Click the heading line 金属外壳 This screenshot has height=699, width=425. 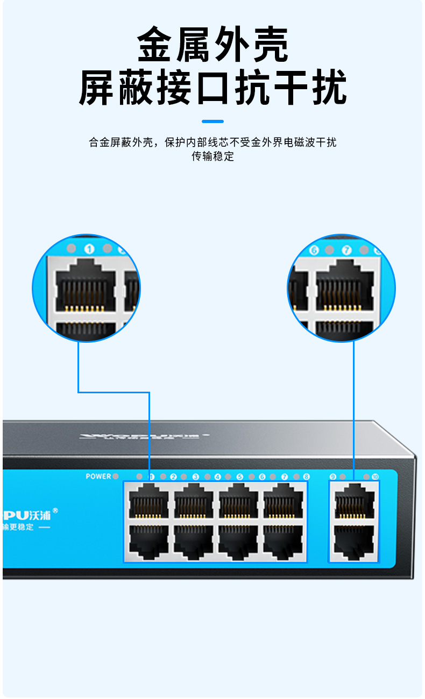point(212,45)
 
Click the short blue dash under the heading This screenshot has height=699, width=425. point(212,121)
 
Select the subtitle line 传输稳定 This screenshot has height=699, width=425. point(212,157)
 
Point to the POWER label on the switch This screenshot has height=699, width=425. point(98,476)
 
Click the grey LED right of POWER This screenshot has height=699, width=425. point(116,476)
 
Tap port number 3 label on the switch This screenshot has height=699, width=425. point(195,477)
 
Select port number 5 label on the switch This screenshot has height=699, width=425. point(240,477)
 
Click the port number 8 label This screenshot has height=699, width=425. point(306,477)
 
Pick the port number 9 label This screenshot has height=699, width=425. point(332,477)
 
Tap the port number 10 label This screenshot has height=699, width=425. point(375,477)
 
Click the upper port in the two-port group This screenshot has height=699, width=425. point(353,502)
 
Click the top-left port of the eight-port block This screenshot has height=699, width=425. point(148,502)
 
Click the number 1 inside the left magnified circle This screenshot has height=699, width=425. point(89,249)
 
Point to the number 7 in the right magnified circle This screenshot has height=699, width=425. point(347,250)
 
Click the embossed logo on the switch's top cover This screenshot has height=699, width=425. point(144,435)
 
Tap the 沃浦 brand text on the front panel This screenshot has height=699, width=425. point(41,514)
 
